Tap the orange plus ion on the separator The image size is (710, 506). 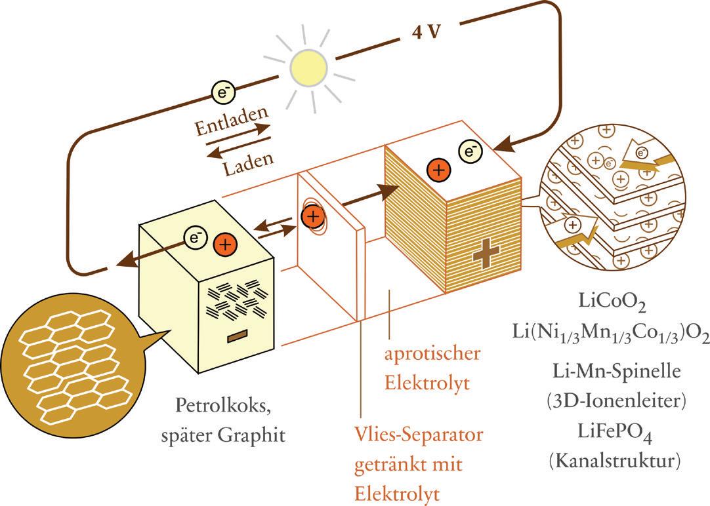tap(313, 216)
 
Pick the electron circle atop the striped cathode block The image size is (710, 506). tap(470, 152)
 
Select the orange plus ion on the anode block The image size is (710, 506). tap(226, 244)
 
